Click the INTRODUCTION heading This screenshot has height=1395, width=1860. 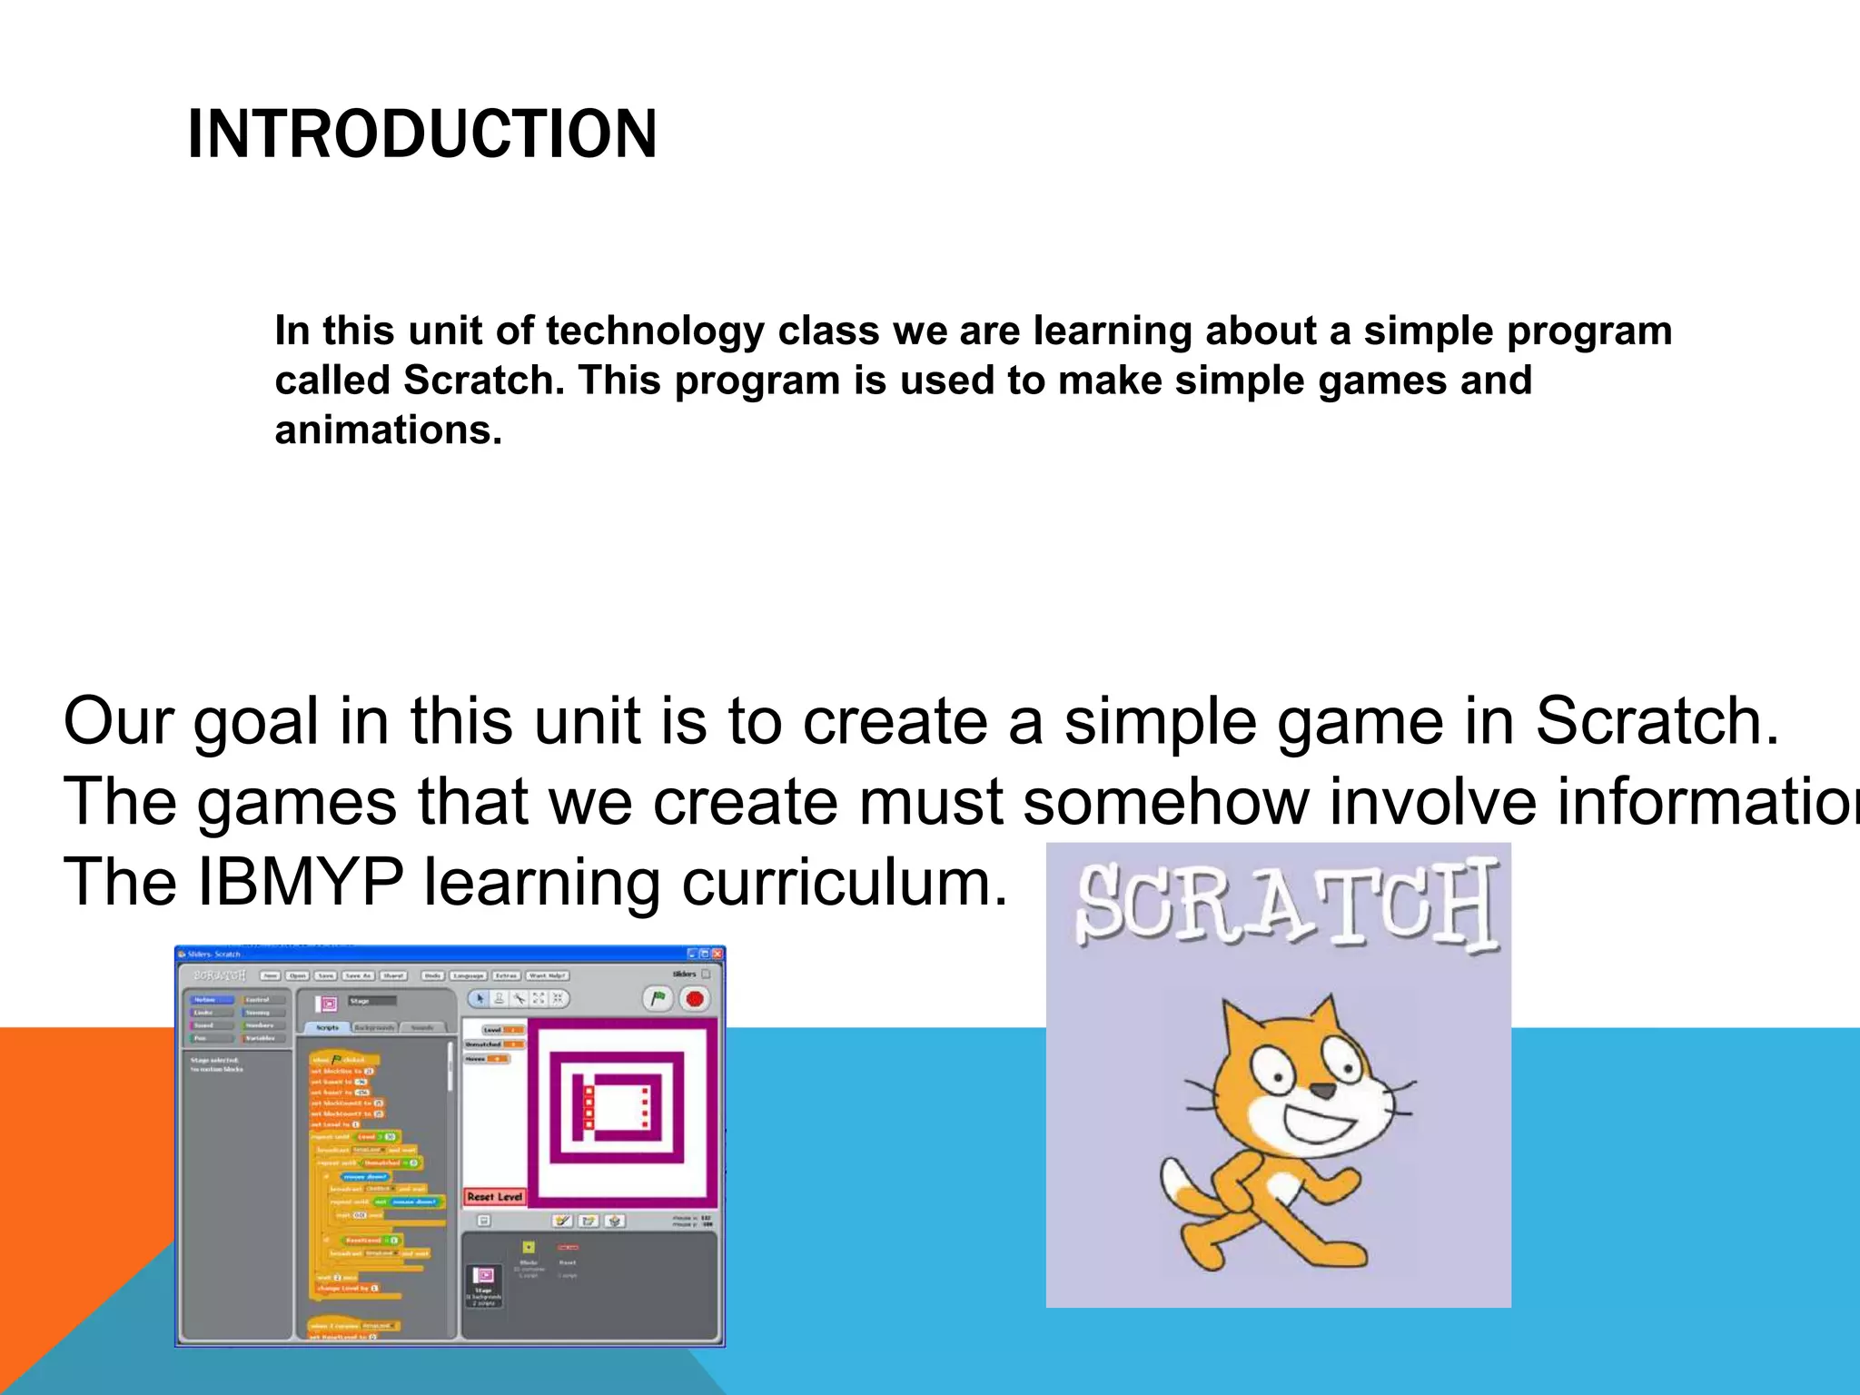click(x=421, y=134)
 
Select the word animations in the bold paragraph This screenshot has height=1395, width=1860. click(x=388, y=430)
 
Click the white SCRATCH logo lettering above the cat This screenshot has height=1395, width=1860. click(x=1286, y=906)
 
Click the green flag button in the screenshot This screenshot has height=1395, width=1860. click(x=658, y=999)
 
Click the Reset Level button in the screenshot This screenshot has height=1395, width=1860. click(x=495, y=1197)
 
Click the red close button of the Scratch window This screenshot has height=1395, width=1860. click(x=717, y=955)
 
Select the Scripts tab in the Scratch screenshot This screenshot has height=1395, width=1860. click(x=327, y=1027)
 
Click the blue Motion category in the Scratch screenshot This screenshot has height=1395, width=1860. click(x=205, y=999)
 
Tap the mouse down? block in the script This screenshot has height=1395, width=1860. click(x=364, y=1176)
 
